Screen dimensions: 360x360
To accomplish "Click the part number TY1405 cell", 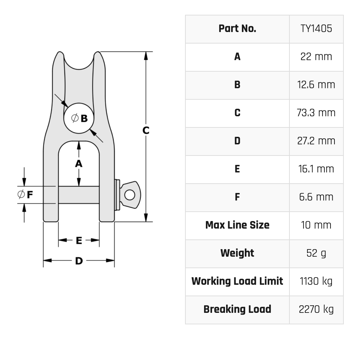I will click(316, 29).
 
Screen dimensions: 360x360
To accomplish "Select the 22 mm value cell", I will click(316, 57).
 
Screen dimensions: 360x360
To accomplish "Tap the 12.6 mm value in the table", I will click(316, 85).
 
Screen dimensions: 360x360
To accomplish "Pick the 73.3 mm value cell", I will click(316, 113).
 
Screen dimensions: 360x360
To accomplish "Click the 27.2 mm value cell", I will click(316, 141).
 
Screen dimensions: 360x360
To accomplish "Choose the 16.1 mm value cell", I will click(316, 169).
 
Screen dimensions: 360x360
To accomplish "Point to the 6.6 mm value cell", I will click(316, 197).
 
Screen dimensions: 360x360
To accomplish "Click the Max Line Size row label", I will click(237, 225).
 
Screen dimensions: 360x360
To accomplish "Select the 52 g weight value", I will click(316, 253).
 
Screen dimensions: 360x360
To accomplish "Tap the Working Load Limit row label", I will click(237, 282).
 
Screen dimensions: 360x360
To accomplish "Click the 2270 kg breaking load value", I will click(316, 310).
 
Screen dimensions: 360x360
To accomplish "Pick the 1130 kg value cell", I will click(316, 282).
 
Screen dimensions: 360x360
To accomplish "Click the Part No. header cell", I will click(237, 29).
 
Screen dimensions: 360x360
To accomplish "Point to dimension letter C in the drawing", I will click(146, 130).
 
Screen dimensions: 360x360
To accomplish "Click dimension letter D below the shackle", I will click(79, 261).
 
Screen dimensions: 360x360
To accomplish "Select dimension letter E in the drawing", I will click(79, 240).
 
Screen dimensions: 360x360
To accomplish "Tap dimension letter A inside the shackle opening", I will click(78, 164).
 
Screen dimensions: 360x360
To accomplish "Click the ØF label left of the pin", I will click(26, 195).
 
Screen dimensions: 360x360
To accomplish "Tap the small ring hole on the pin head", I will click(130, 195).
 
